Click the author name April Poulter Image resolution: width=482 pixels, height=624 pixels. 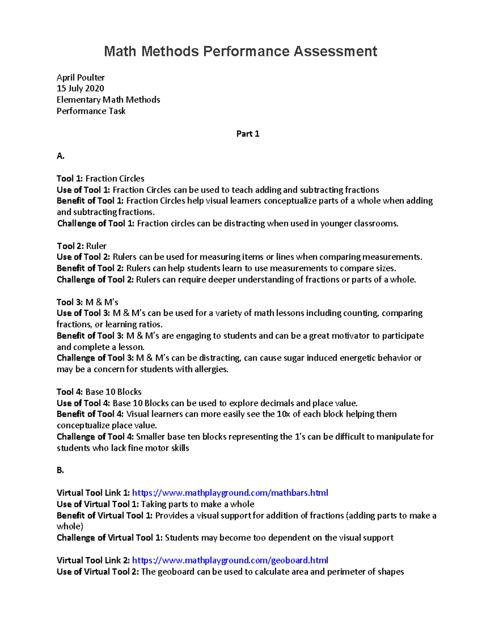(x=81, y=78)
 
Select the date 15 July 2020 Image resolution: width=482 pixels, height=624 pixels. (x=80, y=88)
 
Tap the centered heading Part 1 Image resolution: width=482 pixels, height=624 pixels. (x=247, y=134)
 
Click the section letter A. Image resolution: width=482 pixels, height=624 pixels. (x=60, y=156)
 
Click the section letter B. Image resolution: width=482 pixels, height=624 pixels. (x=60, y=470)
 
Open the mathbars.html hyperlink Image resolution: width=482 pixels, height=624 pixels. (x=230, y=493)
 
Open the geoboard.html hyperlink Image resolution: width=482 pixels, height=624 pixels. (x=230, y=560)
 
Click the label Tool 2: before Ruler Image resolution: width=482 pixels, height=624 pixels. (x=70, y=246)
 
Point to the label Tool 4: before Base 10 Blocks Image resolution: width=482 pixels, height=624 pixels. (x=70, y=392)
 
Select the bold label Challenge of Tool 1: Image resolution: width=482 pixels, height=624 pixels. (x=96, y=223)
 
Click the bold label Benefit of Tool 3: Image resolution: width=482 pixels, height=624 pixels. (x=90, y=336)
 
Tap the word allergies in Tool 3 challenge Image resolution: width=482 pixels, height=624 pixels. (x=211, y=369)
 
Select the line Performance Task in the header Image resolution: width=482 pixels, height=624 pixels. (x=91, y=111)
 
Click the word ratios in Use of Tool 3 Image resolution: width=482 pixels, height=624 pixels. (x=150, y=324)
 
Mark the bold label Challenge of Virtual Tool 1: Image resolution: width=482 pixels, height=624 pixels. (x=109, y=538)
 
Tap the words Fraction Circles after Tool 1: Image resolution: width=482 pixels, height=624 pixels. (x=115, y=178)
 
